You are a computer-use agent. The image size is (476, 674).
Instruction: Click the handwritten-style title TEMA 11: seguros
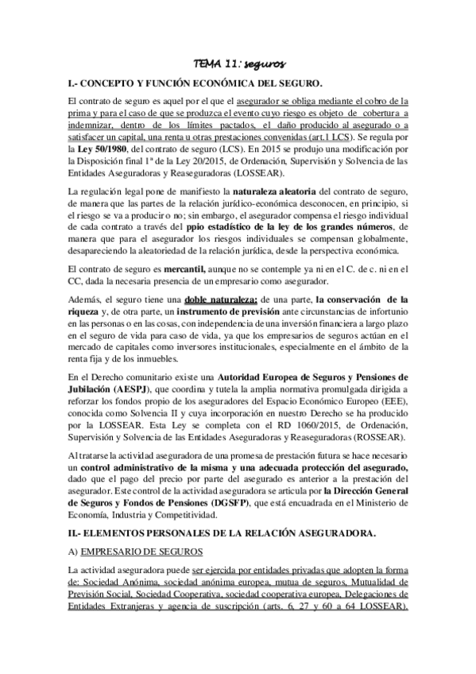[239, 64]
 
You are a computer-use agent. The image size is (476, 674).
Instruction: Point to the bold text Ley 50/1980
[102, 149]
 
